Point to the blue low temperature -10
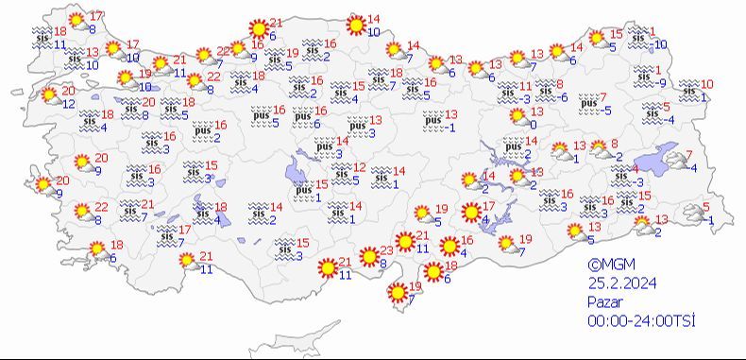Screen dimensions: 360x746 660,43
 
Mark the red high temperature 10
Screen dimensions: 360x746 706,85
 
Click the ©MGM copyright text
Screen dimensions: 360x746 607,266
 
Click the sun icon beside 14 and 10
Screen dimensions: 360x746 355,26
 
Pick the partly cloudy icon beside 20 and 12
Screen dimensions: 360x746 49,96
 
